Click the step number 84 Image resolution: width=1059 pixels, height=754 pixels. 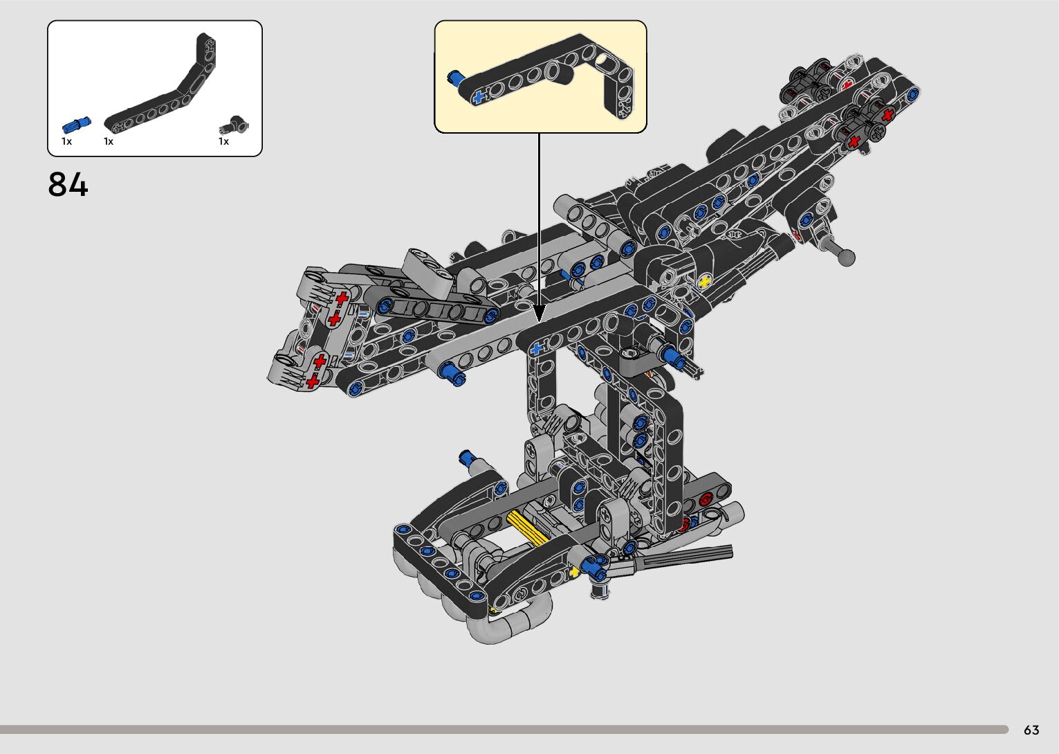click(x=68, y=184)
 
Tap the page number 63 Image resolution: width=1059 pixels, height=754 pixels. click(x=1031, y=730)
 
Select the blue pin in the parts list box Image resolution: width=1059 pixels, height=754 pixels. click(x=76, y=125)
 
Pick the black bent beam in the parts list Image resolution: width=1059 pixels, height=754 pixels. click(x=160, y=85)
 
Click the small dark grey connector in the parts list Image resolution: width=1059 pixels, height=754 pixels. click(x=234, y=125)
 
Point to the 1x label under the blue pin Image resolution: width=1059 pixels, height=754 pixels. click(x=66, y=141)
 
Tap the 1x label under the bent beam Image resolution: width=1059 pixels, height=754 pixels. click(x=109, y=141)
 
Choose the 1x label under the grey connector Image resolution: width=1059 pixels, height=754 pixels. click(x=223, y=141)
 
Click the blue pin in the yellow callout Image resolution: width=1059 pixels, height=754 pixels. click(x=456, y=78)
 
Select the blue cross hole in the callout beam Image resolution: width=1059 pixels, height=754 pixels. click(x=479, y=98)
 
